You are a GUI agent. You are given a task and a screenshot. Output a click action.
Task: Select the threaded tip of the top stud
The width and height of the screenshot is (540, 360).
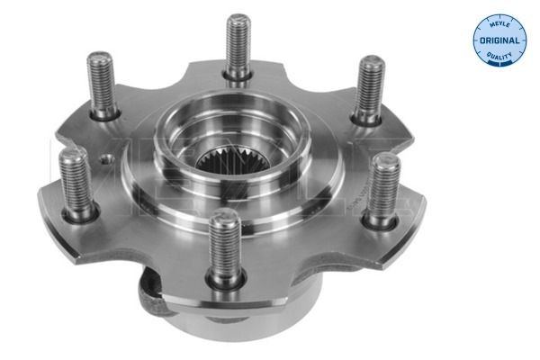[x=238, y=22]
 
